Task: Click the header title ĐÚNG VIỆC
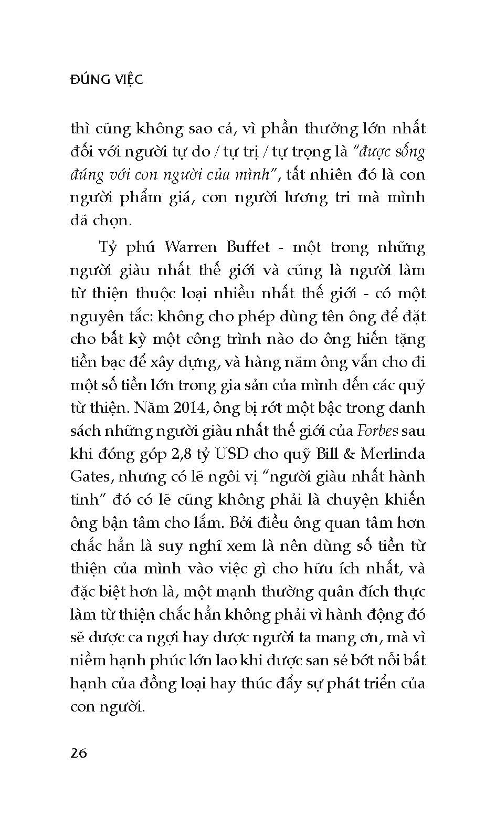pos(107,80)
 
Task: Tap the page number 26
pos(79,753)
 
